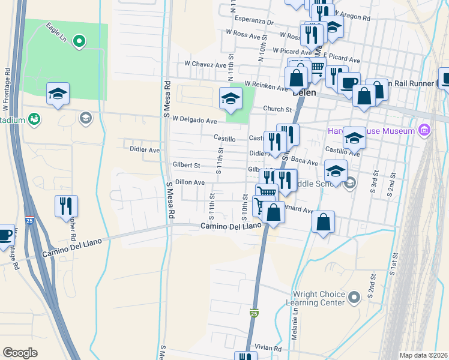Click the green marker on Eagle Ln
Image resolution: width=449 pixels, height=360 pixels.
click(x=79, y=41)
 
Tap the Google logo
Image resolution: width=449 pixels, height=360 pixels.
click(x=20, y=353)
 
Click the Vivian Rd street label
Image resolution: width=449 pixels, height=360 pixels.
click(x=268, y=348)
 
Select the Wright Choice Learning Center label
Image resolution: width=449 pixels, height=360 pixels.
click(x=318, y=299)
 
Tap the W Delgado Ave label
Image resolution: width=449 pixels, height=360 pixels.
click(x=194, y=120)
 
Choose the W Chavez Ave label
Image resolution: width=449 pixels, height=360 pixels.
click(x=205, y=64)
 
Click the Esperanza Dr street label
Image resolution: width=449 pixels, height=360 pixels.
click(x=255, y=21)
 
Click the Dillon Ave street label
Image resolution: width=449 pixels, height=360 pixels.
click(x=190, y=182)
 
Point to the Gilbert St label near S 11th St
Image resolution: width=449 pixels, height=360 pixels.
click(x=186, y=164)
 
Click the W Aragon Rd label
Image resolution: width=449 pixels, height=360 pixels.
click(x=354, y=13)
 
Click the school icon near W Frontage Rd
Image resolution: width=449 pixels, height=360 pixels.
click(x=58, y=93)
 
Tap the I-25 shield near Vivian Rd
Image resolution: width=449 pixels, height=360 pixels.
click(x=254, y=313)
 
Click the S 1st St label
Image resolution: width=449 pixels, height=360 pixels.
click(x=394, y=264)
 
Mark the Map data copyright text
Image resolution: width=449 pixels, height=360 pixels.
click(x=423, y=355)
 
